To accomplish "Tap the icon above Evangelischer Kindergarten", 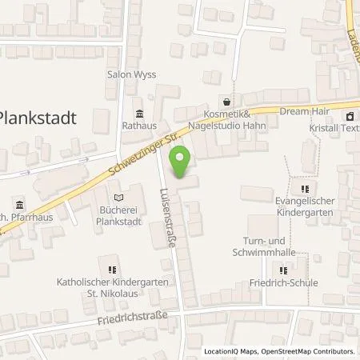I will coord(303,189).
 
